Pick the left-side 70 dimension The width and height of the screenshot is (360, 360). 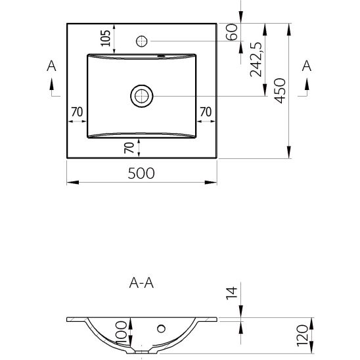pyautogui.click(x=77, y=112)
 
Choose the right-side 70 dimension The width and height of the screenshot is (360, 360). pyautogui.click(x=206, y=112)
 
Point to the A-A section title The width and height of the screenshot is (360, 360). pyautogui.click(x=142, y=283)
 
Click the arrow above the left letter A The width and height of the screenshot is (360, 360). pyautogui.click(x=51, y=84)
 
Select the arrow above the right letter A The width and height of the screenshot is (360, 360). pyautogui.click(x=306, y=84)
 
